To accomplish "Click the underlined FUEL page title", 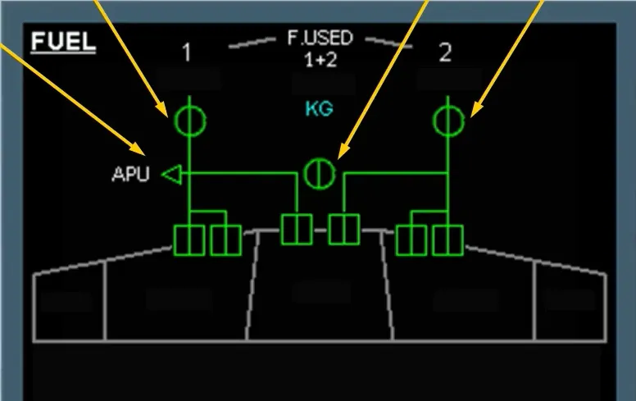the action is (63, 42).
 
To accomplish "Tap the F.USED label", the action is (320, 38).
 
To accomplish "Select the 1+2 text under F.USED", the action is (320, 60).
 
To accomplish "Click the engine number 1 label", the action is (187, 52).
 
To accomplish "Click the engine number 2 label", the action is (445, 52).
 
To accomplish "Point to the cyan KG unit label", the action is (319, 109).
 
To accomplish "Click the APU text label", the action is (130, 174).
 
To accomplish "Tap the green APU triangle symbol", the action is (172, 175).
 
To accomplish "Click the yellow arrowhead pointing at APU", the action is (138, 148).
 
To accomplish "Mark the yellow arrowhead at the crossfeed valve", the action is (343, 152).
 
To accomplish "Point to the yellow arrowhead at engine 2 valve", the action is (476, 110).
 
